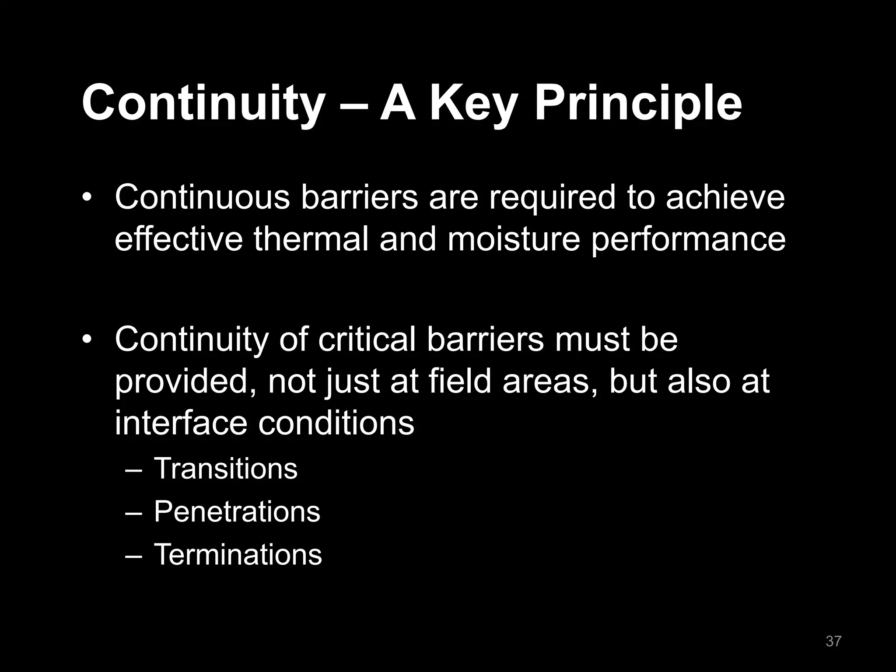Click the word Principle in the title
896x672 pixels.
(x=638, y=104)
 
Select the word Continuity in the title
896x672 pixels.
(x=201, y=104)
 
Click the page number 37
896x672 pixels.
(x=833, y=641)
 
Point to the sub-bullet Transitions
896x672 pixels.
(x=225, y=469)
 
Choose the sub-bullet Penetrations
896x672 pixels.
(x=237, y=511)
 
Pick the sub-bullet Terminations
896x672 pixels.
(x=238, y=554)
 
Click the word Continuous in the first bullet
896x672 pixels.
(x=202, y=197)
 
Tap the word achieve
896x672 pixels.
(x=725, y=197)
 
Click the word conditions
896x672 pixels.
(x=336, y=423)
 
